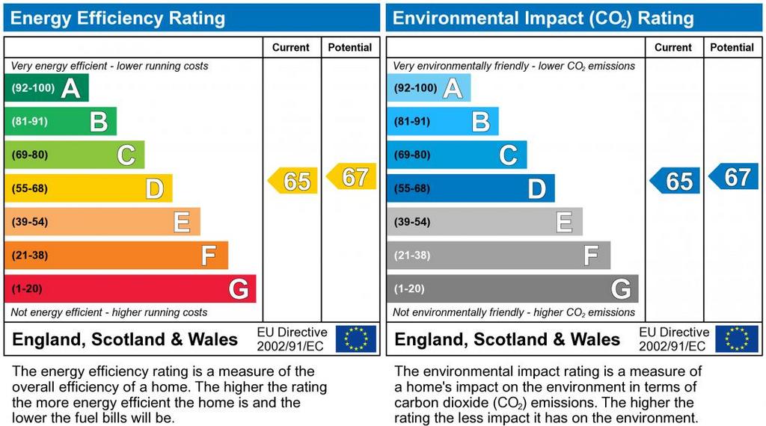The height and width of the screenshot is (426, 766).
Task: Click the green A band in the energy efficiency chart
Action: (x=46, y=88)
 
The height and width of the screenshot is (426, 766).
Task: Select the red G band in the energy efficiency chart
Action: (x=130, y=289)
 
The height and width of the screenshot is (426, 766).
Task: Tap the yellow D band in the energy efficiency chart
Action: (x=88, y=188)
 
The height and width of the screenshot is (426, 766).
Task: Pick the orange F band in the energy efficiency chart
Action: (x=116, y=256)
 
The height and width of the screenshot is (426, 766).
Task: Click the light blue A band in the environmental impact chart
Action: (x=429, y=88)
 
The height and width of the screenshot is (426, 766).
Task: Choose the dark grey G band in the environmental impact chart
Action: (x=512, y=289)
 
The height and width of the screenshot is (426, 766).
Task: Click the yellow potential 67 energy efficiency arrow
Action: (x=352, y=176)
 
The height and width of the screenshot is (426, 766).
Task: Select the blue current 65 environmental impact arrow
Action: (x=675, y=181)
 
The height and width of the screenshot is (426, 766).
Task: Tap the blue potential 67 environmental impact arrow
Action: (x=735, y=176)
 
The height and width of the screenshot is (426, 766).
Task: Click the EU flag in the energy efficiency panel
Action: (x=356, y=339)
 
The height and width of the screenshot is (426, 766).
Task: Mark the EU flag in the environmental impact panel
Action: (x=737, y=339)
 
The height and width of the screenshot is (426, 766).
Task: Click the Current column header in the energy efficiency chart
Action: (x=291, y=47)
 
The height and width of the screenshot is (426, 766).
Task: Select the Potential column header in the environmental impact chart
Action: (x=732, y=47)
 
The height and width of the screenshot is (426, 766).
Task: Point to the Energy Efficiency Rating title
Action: (x=117, y=18)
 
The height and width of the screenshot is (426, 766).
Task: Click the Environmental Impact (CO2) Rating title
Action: (x=543, y=18)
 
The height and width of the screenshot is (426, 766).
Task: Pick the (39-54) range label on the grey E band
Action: (x=412, y=222)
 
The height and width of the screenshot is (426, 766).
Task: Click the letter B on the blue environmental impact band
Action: (x=481, y=122)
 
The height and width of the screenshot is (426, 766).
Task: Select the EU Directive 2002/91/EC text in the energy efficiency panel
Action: (x=292, y=339)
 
